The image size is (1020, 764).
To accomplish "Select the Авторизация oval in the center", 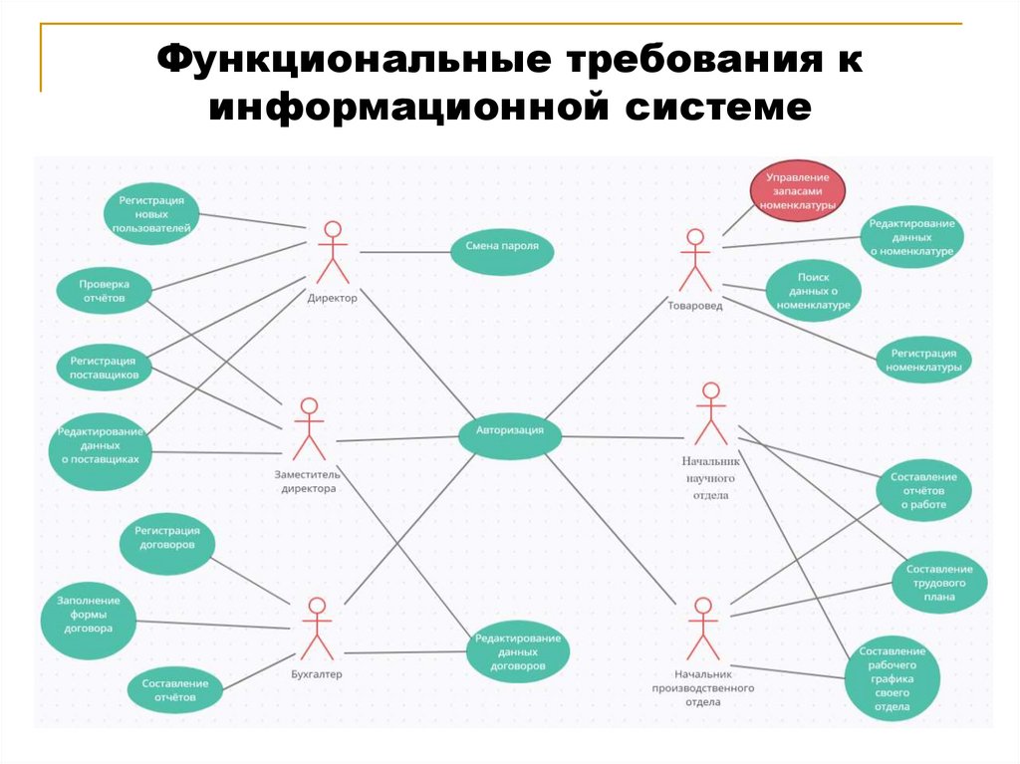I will coord(509,433).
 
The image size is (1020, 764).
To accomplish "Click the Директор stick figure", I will coord(332,255).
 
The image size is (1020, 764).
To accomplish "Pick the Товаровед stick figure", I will coord(695,261).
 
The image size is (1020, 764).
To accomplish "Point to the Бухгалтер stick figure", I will coord(317,629).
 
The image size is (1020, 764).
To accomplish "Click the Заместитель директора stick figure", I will coord(309,430).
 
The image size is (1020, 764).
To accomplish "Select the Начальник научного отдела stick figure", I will coord(710,415).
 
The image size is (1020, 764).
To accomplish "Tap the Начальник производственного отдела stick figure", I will coord(702,629).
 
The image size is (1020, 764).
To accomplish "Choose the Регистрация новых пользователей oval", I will coord(150,214).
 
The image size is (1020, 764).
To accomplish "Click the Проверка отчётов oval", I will coord(105,291).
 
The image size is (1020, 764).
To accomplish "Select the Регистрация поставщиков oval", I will coord(104,367).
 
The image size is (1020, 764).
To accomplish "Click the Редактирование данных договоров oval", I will coord(518,651).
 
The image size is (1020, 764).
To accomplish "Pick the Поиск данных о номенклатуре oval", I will coord(813,292).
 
